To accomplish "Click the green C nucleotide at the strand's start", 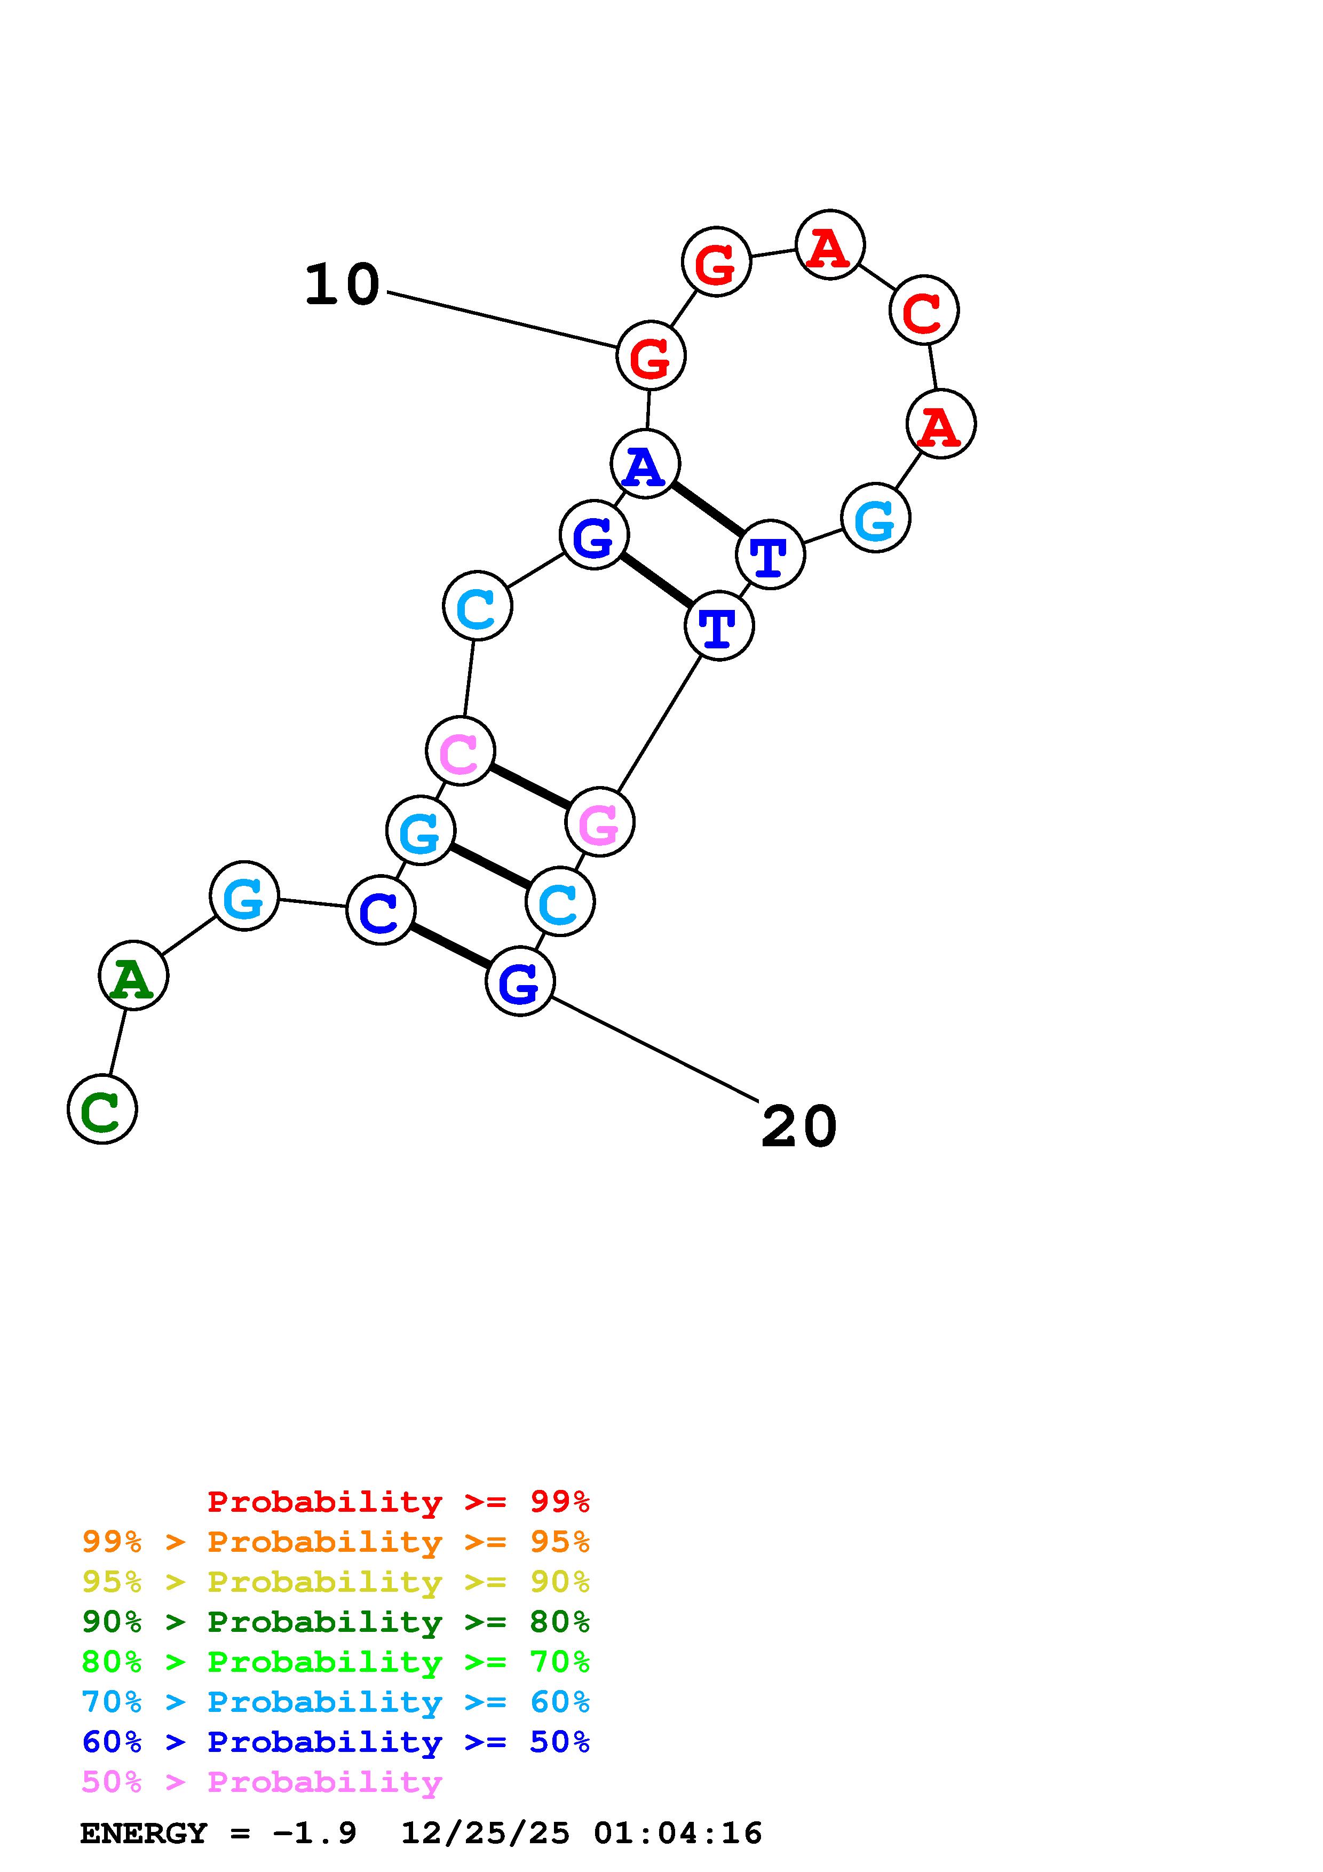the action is pyautogui.click(x=102, y=1109).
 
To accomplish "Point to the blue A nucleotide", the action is pyautogui.click(x=645, y=464).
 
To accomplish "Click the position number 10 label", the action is pyautogui.click(x=343, y=285).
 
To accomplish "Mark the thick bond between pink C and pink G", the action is pyautogui.click(x=530, y=787).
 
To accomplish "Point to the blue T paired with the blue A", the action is pyautogui.click(x=770, y=554).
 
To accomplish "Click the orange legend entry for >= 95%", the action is pyautogui.click(x=336, y=1542).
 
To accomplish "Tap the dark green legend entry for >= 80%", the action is pyautogui.click(x=336, y=1622).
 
